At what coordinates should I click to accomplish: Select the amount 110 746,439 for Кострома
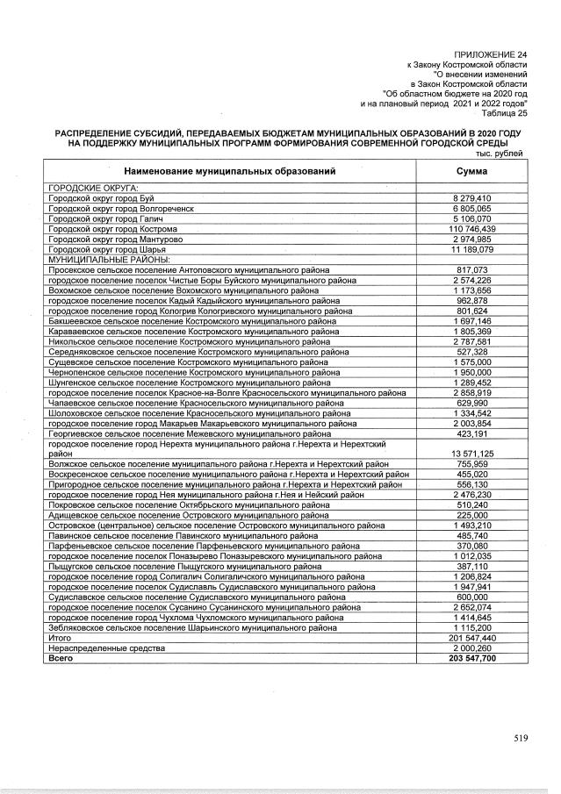[473, 229]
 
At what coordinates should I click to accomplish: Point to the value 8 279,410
[473, 199]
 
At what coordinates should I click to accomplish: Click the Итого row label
[61, 638]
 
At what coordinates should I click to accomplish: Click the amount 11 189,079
[473, 249]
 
